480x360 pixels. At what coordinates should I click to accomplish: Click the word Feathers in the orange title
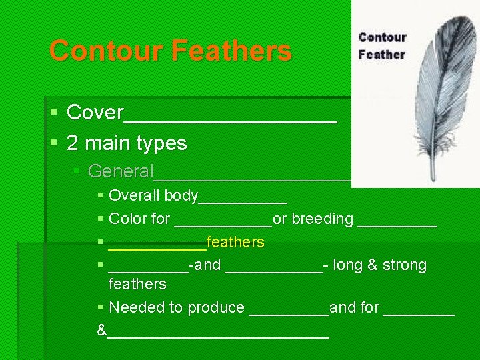coord(231,51)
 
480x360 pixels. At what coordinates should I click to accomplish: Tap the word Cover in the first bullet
coord(95,113)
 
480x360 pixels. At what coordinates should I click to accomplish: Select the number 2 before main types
coord(72,143)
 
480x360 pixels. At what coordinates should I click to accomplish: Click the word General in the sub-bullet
coord(121,171)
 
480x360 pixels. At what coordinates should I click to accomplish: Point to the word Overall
coord(135,196)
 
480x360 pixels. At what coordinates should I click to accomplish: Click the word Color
coord(125,219)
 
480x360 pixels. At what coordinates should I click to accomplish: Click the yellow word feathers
coord(236,242)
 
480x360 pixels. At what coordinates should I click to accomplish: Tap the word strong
coord(405,265)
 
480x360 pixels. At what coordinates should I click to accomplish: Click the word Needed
coord(133,307)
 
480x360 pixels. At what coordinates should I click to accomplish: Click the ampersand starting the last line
coord(101,330)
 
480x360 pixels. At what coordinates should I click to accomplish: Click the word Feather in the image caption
coord(382,54)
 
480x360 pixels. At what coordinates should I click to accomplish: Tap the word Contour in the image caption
coord(382,37)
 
